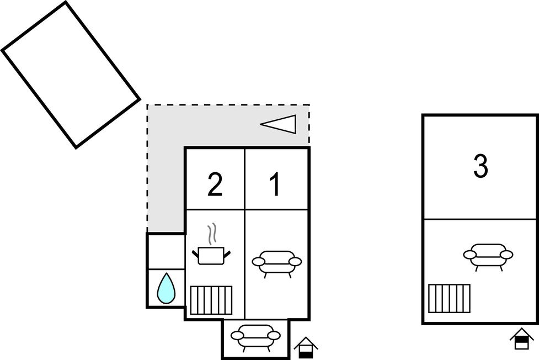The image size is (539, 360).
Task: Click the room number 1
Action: [x=275, y=185]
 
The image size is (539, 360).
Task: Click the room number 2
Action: [x=215, y=186]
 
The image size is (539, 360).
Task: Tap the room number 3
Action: [x=481, y=167]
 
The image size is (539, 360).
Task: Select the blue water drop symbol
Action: [x=166, y=289]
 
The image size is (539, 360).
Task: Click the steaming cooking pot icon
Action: [x=211, y=255]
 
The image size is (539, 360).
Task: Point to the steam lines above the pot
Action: [x=211, y=235]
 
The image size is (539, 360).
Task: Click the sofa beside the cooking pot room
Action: [x=277, y=262]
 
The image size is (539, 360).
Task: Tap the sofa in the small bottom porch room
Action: [x=255, y=336]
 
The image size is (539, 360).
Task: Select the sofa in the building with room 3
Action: [x=488, y=255]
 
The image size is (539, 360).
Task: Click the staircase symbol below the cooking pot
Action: [x=211, y=300]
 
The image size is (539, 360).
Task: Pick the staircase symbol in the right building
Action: [x=449, y=298]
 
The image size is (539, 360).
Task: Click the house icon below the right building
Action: [x=521, y=338]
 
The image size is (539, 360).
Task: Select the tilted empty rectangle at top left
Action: [x=71, y=75]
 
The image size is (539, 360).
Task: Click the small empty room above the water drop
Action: [x=166, y=251]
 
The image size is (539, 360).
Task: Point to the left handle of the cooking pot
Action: [x=195, y=254]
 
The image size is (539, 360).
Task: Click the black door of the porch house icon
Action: [x=305, y=352]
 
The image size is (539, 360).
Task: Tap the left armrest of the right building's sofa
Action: [x=470, y=255]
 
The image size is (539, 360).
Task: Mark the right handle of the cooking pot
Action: [x=227, y=254]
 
